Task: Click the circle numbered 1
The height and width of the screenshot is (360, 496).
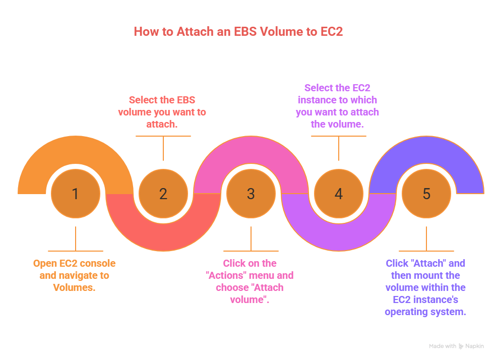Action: tap(76, 194)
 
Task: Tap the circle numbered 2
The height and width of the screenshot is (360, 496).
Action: tap(163, 194)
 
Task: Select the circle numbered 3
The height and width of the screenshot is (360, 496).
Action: tap(251, 194)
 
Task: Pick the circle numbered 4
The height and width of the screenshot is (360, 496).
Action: tap(339, 194)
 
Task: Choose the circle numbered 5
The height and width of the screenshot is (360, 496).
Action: tap(426, 194)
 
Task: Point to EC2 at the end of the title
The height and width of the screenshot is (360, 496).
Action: tap(331, 31)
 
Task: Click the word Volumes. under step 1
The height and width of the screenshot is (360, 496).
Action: tap(74, 287)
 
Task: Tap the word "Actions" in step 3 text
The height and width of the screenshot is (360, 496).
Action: tap(224, 275)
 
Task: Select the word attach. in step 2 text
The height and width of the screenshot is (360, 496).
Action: tap(162, 124)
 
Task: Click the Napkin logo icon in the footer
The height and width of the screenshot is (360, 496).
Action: tap(461, 346)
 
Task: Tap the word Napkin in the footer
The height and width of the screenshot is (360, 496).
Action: tap(474, 346)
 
